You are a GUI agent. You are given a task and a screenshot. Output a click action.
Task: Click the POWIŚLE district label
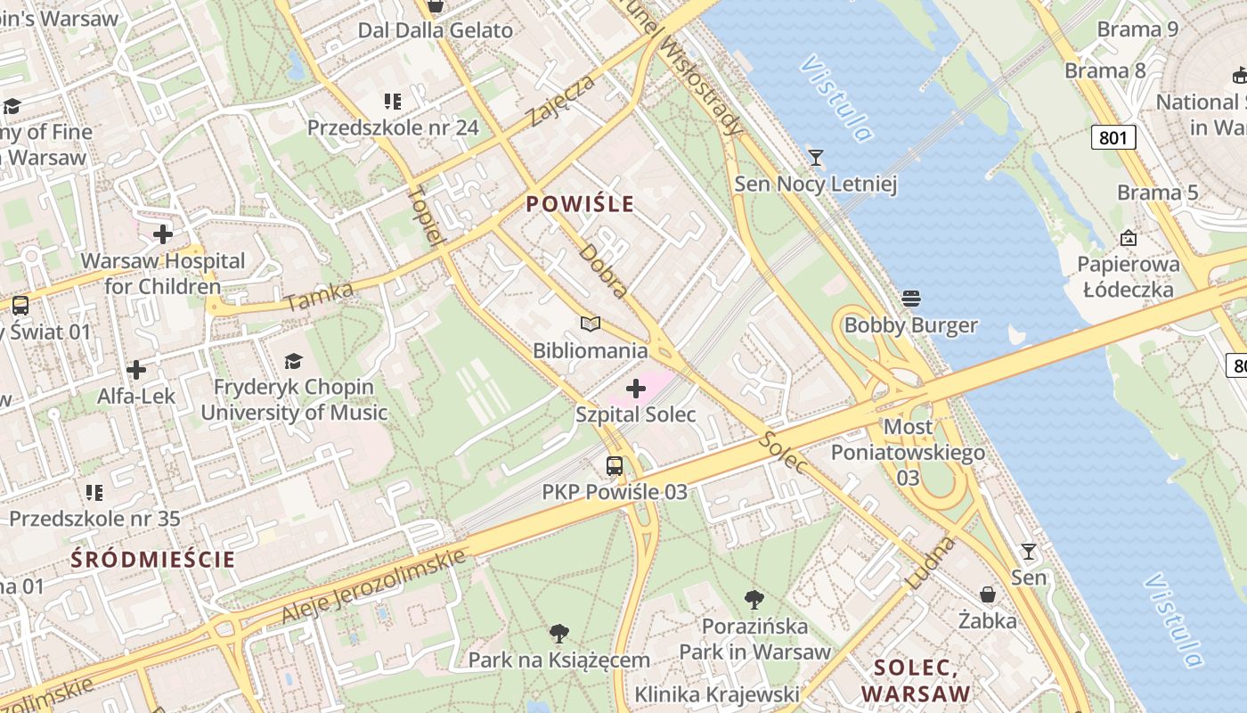point(580,204)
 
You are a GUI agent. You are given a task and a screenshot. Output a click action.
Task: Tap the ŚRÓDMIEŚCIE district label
point(153,560)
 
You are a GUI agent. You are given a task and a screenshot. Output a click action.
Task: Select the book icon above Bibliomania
point(591,324)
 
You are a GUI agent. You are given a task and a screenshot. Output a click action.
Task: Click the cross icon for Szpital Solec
point(636,389)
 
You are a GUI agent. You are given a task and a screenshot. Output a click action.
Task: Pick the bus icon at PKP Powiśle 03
point(615,465)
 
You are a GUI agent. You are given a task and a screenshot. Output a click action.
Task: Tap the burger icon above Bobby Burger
point(910,299)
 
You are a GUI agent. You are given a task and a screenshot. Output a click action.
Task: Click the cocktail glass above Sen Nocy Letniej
point(815,158)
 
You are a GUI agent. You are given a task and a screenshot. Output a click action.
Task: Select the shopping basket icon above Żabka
point(988,594)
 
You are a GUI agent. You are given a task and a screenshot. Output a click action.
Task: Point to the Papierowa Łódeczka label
point(1129,276)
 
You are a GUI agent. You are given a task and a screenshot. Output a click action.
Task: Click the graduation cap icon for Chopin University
point(293,361)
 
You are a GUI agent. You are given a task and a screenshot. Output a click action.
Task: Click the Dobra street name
point(604,269)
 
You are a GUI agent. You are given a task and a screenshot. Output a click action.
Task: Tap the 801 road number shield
point(1113,137)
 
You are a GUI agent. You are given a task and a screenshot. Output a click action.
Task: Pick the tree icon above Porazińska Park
point(754,599)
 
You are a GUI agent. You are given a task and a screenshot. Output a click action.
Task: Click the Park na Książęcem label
point(559,660)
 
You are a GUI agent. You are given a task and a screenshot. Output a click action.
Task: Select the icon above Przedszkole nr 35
point(94,492)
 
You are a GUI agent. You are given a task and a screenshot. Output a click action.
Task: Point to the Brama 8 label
point(1105,70)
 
